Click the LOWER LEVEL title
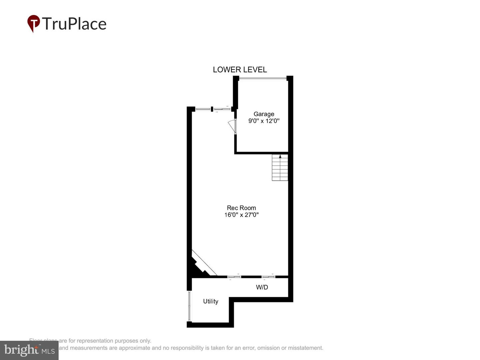tap(240, 70)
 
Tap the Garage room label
tap(264, 114)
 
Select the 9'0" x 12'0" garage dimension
tap(264, 121)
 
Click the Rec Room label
tap(241, 208)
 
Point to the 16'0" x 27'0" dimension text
tap(241, 215)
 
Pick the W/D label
tap(262, 287)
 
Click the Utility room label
tap(211, 301)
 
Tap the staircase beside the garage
tap(280, 168)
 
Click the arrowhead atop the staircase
tap(280, 156)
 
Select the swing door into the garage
tap(232, 126)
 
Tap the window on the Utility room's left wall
tap(190, 306)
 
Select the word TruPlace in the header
tap(74, 24)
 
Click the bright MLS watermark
tap(29, 350)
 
